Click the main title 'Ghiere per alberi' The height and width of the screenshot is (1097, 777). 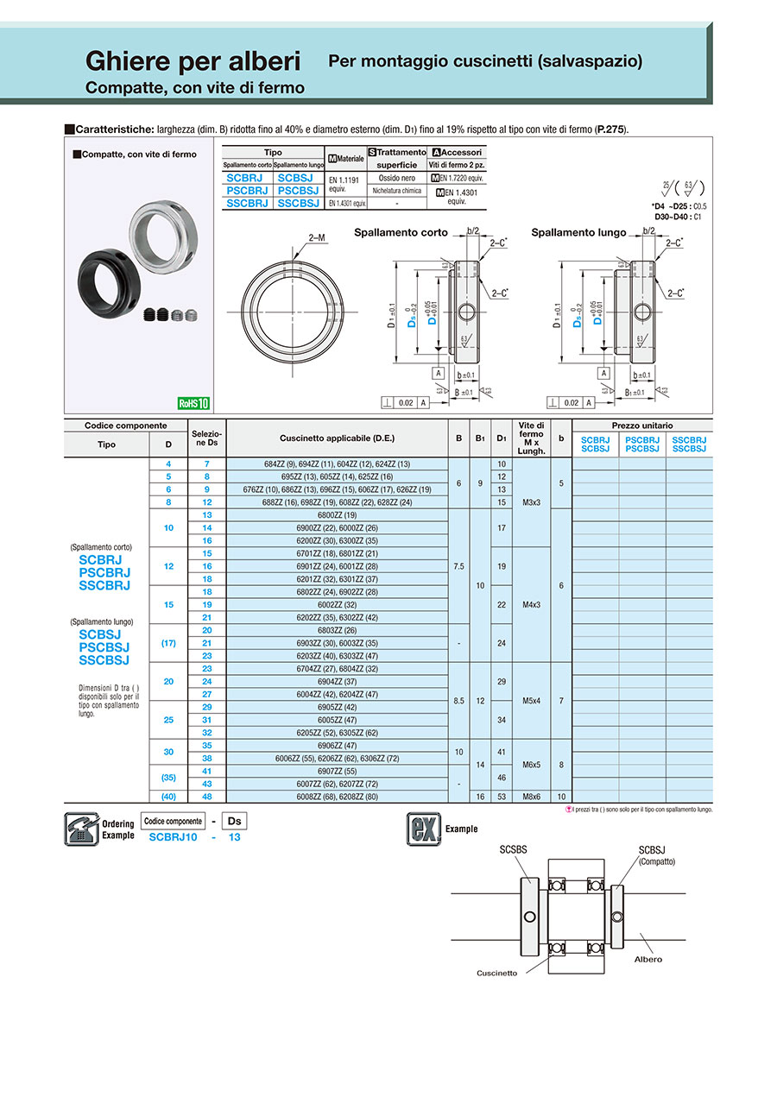coord(193,61)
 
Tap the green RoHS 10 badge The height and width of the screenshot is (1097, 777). coord(193,403)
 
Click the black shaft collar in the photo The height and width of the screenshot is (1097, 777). coord(107,278)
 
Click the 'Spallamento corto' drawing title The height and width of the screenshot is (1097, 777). coord(401,233)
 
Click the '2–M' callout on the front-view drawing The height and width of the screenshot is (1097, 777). coord(316,236)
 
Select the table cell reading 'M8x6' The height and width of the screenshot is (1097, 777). coord(531,797)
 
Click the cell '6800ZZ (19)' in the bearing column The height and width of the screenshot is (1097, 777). coord(337,515)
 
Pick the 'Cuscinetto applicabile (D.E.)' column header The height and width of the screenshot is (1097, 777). coord(337,438)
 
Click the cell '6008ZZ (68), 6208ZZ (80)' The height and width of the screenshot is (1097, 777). coord(337,797)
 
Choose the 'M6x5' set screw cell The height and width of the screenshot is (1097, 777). coord(531,765)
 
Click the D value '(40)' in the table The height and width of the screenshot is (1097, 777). coord(168,797)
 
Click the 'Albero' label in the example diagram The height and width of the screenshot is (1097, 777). coord(648,959)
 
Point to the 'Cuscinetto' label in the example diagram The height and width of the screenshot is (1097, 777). coord(496,973)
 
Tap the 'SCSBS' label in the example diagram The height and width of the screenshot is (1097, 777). coord(514,850)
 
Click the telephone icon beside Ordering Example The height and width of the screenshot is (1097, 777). coord(80,829)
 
